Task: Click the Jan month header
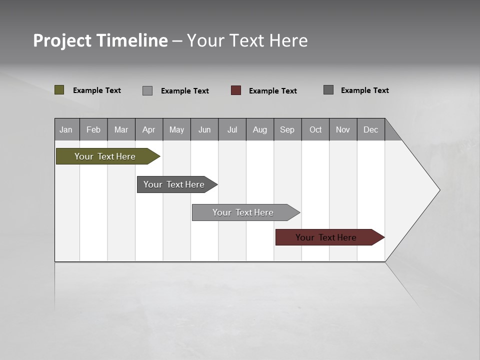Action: (x=66, y=129)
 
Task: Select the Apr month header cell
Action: (x=149, y=129)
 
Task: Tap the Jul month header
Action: (x=232, y=129)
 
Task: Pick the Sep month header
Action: (x=287, y=129)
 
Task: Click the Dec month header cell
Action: (x=371, y=129)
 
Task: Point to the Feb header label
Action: (x=93, y=129)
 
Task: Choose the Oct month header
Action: (x=315, y=129)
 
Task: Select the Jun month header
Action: (x=204, y=129)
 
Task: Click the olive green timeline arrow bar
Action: (x=105, y=156)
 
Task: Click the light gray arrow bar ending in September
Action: (x=243, y=212)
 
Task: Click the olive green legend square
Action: (x=59, y=90)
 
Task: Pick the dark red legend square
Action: (x=236, y=90)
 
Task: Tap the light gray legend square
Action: (x=147, y=90)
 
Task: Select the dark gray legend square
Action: (x=328, y=90)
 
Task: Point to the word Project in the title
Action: (x=62, y=40)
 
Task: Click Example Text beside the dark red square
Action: (x=272, y=91)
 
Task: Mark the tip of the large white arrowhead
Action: (x=439, y=190)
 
